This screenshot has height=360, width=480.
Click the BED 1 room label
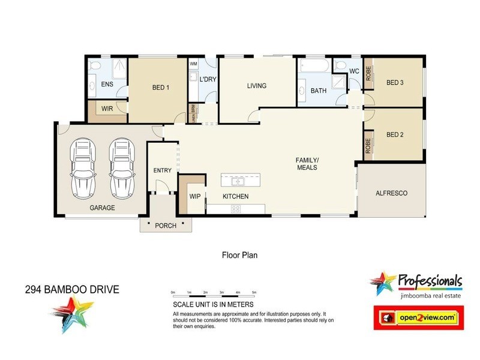[161, 88]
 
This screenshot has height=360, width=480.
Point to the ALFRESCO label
[391, 193]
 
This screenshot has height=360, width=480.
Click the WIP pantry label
[194, 196]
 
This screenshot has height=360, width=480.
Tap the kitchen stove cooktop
[236, 209]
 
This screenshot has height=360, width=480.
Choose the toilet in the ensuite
[95, 65]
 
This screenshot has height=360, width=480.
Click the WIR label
[107, 109]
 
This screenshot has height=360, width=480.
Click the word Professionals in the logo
[430, 281]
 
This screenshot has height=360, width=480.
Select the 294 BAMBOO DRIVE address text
[72, 290]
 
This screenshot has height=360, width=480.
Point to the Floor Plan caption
[239, 254]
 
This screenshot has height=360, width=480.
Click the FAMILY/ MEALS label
[305, 164]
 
